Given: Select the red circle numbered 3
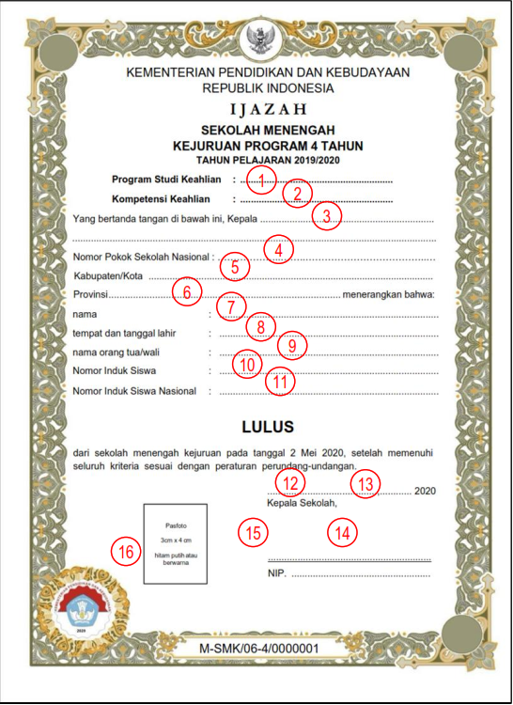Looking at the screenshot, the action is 326,216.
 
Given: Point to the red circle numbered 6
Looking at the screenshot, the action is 188,292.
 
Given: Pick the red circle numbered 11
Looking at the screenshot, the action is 280,381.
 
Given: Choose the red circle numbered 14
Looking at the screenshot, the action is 343,532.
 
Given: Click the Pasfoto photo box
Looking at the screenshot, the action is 175,544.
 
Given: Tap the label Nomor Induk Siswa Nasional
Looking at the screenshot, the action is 135,391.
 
